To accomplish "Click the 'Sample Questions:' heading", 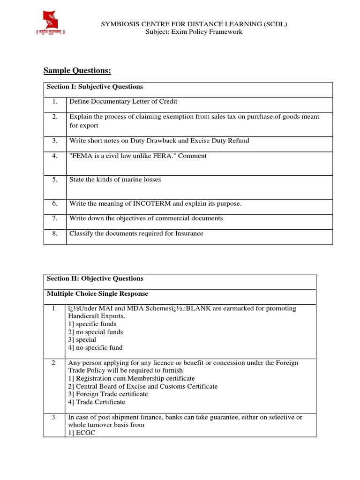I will click(77, 71).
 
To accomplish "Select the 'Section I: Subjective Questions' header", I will click(95, 87).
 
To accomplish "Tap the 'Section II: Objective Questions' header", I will click(95, 278).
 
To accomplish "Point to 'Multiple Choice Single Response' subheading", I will click(97, 294).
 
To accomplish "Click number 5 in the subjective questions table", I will click(55, 180).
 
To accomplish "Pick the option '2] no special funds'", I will click(96, 332).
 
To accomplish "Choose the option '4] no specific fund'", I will click(96, 348).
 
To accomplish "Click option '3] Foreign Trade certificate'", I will click(108, 394).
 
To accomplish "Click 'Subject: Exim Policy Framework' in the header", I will click(194, 32).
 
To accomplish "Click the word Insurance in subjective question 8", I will click(187, 233).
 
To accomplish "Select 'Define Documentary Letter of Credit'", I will click(123, 101).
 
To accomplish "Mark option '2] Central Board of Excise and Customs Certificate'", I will click(143, 386).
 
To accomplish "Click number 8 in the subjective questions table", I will click(55, 233).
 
